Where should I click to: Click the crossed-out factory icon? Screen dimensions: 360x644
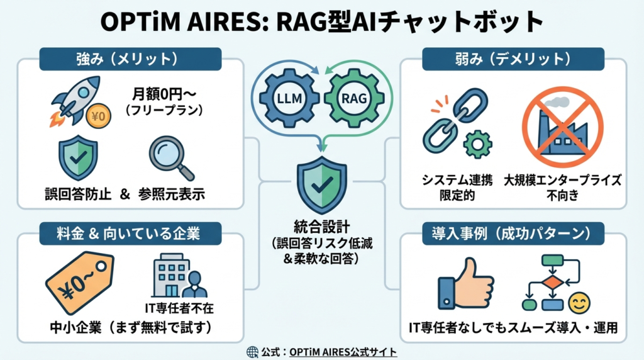(562, 127)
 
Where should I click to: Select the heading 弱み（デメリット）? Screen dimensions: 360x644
(513, 60)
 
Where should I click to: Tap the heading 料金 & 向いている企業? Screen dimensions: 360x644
(119, 234)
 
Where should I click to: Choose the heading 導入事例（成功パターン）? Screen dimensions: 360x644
(513, 234)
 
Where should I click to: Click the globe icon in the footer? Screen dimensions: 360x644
(253, 352)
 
